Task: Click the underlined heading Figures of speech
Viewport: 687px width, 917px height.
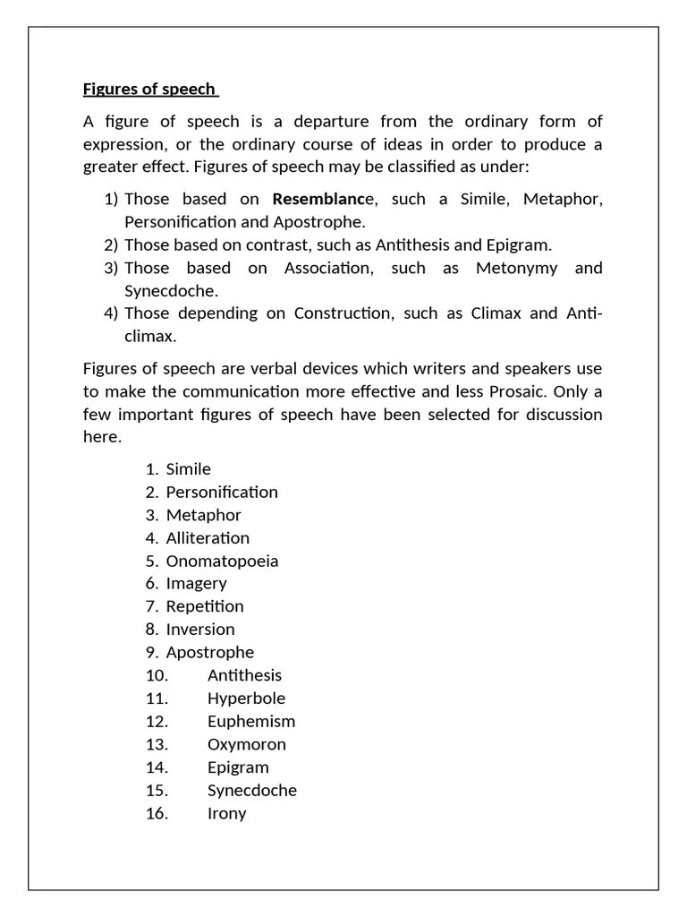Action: click(x=149, y=89)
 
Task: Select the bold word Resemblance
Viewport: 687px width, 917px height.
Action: click(x=318, y=199)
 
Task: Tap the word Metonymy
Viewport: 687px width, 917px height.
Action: click(x=517, y=268)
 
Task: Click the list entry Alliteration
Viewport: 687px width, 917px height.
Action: click(x=208, y=538)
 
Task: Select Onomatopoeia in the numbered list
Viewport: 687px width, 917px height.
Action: click(x=222, y=561)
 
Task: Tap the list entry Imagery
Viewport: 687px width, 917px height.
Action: click(x=196, y=584)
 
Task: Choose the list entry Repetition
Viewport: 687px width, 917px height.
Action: click(x=205, y=606)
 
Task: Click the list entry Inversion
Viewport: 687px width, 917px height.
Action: click(x=200, y=630)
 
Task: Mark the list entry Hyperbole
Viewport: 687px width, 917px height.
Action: click(x=246, y=698)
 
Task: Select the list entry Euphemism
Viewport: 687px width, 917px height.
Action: click(x=250, y=722)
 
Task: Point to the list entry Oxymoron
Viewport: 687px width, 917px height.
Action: click(x=247, y=744)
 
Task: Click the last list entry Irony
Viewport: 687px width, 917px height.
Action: click(x=226, y=813)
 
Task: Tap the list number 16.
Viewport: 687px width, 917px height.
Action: click(x=157, y=813)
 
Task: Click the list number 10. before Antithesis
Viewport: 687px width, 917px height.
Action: click(x=157, y=675)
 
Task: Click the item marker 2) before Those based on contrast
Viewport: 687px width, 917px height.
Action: click(x=111, y=244)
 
